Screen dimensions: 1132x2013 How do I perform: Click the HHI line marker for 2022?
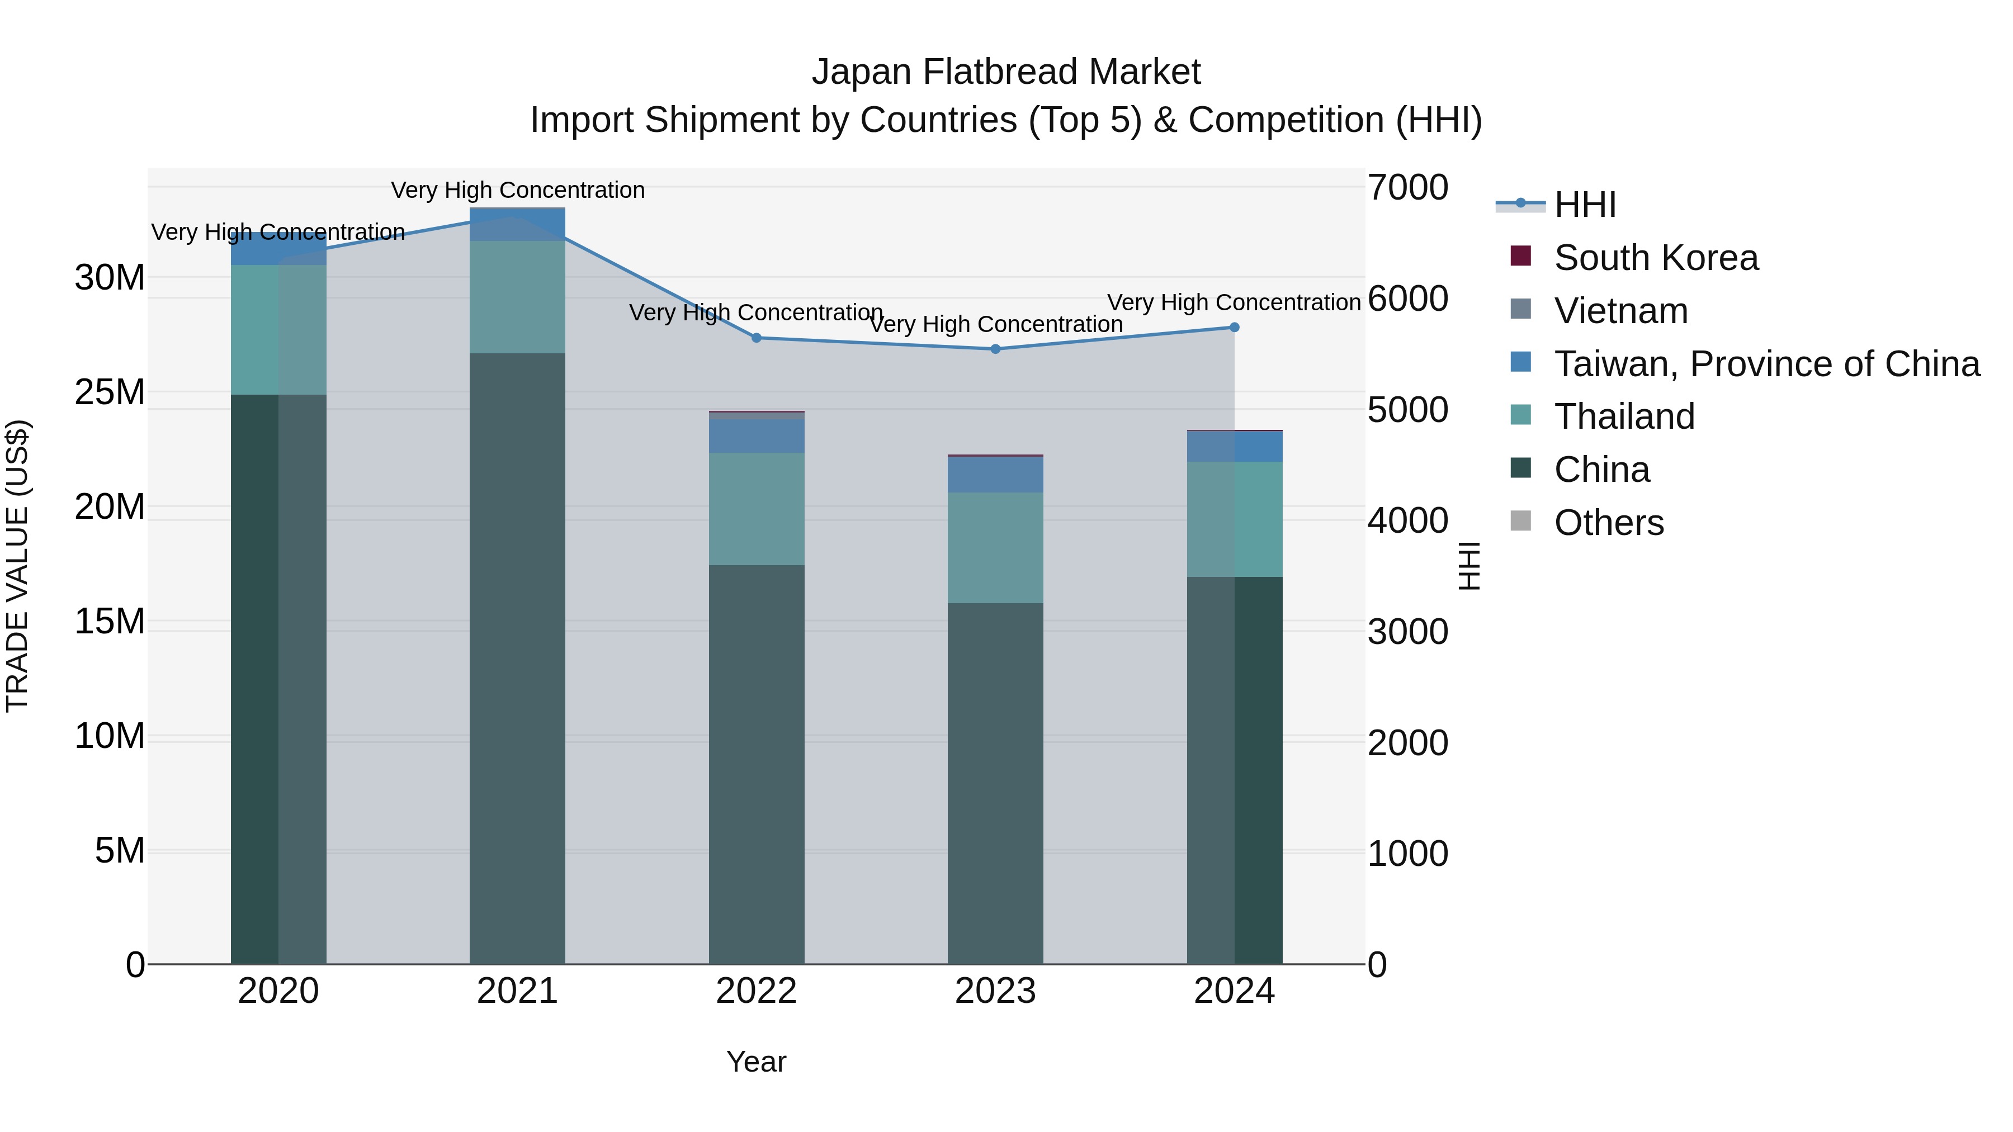[x=757, y=338]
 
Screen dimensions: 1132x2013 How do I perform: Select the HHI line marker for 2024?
[x=1235, y=328]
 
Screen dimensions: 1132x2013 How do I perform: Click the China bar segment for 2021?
[x=517, y=658]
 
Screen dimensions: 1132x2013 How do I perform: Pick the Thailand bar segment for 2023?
[x=995, y=548]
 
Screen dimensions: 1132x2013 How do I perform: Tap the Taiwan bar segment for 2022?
[x=757, y=437]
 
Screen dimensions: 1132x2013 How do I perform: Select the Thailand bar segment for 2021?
[x=517, y=297]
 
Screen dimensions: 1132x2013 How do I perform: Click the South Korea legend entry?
[x=1655, y=258]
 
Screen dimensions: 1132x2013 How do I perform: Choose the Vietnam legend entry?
[x=1620, y=311]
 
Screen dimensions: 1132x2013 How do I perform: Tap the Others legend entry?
[x=1608, y=523]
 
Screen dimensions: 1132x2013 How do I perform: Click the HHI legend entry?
[x=1585, y=205]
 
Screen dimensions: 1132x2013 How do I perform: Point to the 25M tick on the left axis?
[x=110, y=392]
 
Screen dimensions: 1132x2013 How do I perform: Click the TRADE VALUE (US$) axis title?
[x=17, y=566]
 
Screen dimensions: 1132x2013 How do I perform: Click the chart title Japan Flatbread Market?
[x=1006, y=72]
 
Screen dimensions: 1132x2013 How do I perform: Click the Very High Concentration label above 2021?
[x=517, y=191]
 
